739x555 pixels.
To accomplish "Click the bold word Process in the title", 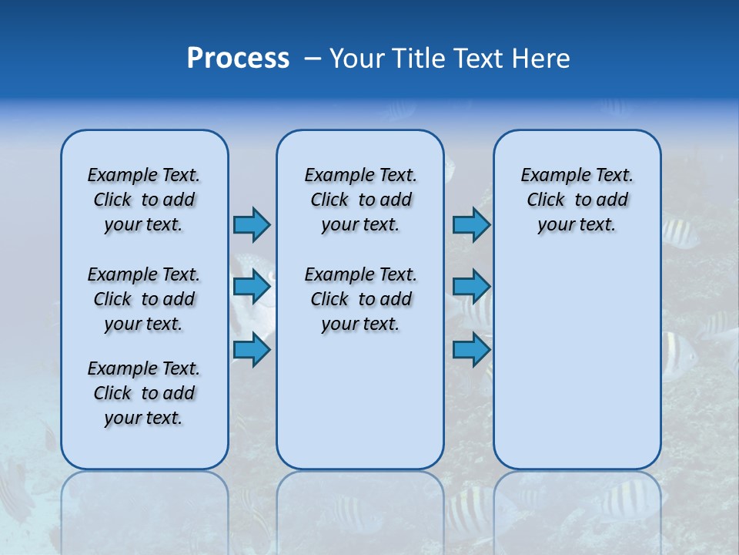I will pyautogui.click(x=238, y=59).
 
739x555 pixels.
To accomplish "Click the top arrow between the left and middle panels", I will pyautogui.click(x=252, y=224).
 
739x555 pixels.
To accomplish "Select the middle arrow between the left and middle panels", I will pyautogui.click(x=252, y=287).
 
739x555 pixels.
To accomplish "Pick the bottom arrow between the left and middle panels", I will pyautogui.click(x=252, y=349).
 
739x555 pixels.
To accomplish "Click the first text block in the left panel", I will pyautogui.click(x=144, y=200).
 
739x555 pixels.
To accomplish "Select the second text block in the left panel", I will pyautogui.click(x=144, y=299).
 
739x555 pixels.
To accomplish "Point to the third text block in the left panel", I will pyautogui.click(x=144, y=393).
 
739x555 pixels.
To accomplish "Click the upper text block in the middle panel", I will pyautogui.click(x=360, y=200).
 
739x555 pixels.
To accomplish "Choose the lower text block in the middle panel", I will pyautogui.click(x=360, y=299).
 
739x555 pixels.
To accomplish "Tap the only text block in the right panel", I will pyautogui.click(x=577, y=200).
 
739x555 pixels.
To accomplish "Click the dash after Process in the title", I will pyautogui.click(x=313, y=59).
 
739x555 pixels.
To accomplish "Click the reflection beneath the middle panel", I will pyautogui.click(x=360, y=509).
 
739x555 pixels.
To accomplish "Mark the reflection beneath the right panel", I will pyautogui.click(x=577, y=509).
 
